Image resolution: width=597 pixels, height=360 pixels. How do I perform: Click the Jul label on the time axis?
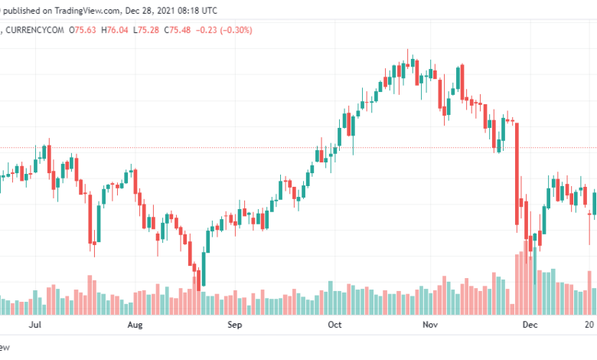coord(34,325)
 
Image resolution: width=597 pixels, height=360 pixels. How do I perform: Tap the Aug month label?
coord(135,325)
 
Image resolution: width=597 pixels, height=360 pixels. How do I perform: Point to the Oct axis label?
coord(334,325)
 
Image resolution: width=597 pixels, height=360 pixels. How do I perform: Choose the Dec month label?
coord(529,325)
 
